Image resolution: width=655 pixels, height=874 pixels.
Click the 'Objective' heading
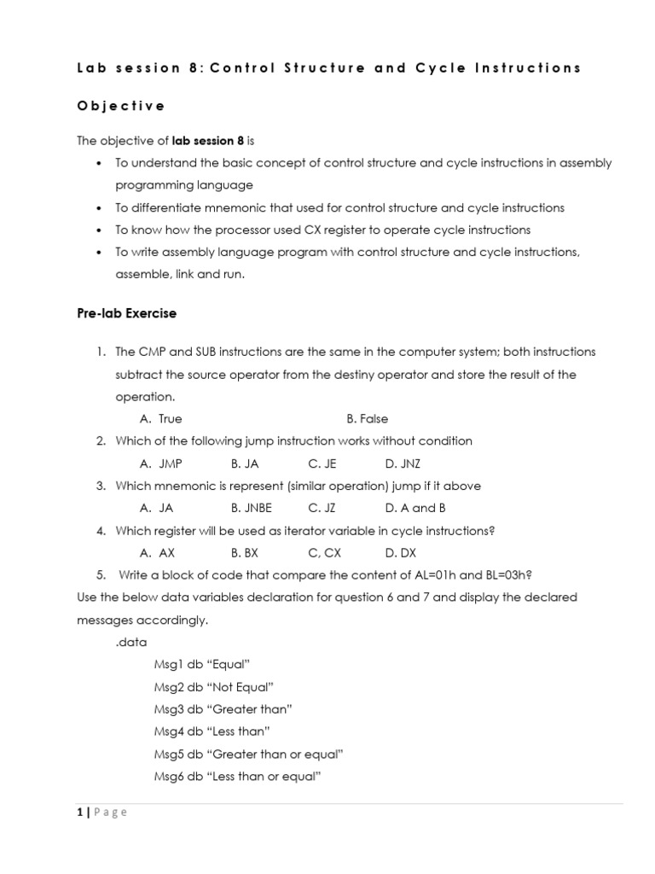[121, 106]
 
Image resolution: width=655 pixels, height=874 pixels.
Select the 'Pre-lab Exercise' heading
[127, 313]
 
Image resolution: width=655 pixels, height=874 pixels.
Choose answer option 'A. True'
[160, 419]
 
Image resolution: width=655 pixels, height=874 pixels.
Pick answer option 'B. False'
[367, 419]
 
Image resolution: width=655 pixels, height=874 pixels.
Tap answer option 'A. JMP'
[160, 463]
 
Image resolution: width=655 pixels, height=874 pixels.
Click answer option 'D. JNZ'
[403, 463]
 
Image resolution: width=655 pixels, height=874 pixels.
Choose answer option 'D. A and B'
[415, 508]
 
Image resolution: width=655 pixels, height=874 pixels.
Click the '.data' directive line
[130, 642]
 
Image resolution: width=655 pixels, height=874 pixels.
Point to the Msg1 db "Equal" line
[201, 664]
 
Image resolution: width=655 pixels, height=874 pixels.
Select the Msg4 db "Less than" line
[212, 731]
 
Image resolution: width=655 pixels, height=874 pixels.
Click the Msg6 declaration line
[236, 776]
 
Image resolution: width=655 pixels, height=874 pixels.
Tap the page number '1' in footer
[79, 813]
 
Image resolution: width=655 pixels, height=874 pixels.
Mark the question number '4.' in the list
[100, 531]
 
